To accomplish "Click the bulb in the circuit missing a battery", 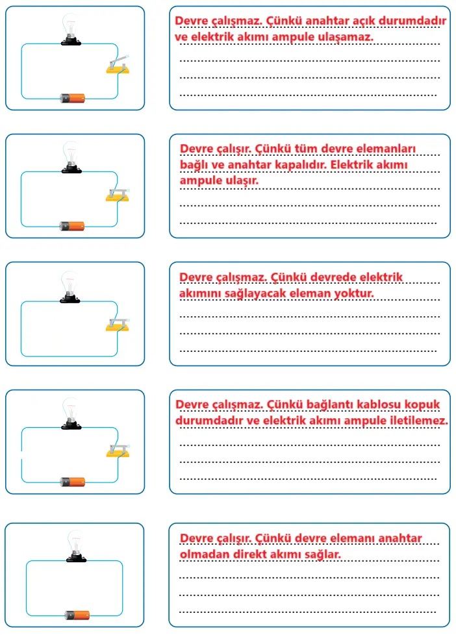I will point(70,286).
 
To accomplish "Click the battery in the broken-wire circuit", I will point(72,482).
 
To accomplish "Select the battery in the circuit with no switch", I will point(78,614).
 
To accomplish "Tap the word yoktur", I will point(353,293).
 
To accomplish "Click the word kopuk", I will point(423,405).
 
